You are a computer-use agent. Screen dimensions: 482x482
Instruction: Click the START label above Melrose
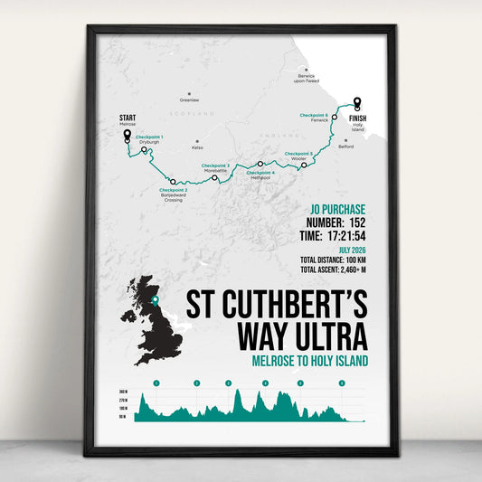128,118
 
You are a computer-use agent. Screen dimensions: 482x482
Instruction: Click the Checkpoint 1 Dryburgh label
149,138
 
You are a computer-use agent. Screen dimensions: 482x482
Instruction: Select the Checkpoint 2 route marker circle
173,181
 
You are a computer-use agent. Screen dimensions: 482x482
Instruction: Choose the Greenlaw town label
189,99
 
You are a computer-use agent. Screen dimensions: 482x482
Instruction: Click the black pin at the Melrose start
127,136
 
